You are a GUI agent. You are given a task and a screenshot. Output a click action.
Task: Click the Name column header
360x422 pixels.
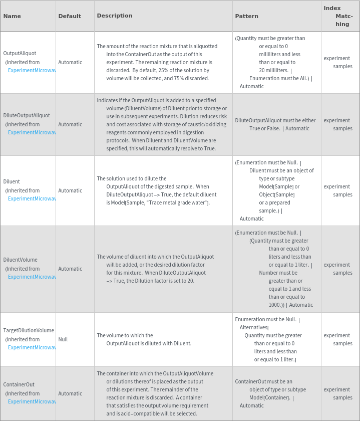[x=12, y=16]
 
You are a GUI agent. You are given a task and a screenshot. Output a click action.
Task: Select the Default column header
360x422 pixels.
[x=70, y=16]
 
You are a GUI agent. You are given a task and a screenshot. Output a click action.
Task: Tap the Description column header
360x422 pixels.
[x=115, y=16]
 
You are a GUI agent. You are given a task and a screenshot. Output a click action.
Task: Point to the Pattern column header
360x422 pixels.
[x=247, y=16]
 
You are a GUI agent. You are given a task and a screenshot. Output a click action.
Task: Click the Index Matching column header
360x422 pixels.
[x=339, y=16]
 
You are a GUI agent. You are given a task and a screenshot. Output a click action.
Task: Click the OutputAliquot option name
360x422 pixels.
[x=20, y=53]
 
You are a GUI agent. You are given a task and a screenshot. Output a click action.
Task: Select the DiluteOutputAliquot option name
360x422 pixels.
[x=27, y=115]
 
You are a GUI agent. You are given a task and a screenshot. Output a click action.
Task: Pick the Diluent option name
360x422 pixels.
[x=12, y=181]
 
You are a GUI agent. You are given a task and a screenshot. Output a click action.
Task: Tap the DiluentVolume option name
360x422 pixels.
[x=20, y=260]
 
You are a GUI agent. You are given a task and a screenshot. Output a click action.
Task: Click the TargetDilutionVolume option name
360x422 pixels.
[x=29, y=330]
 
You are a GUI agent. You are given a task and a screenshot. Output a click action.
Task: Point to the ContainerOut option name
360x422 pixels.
[x=19, y=384]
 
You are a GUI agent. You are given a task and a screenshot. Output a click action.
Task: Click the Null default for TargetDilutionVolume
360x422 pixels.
[x=63, y=339]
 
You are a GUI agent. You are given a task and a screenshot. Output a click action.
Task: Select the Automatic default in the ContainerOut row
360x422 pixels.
[x=70, y=393]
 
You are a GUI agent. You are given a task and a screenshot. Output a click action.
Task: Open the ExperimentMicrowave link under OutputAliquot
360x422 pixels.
[x=32, y=70]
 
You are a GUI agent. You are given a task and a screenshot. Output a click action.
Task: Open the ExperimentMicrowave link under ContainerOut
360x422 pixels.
[x=32, y=401]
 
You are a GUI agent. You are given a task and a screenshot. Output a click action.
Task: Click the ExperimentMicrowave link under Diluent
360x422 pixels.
[x=32, y=198]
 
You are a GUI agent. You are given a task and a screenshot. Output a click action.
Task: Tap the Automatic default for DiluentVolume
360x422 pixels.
[x=70, y=269]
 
